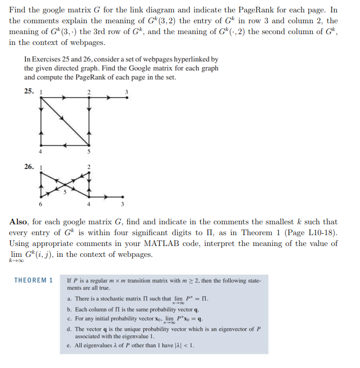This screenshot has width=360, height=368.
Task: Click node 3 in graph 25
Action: click(x=127, y=98)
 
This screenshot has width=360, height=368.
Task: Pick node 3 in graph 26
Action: click(x=123, y=196)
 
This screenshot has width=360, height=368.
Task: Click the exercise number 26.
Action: click(x=29, y=166)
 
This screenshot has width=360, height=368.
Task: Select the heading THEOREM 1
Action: click(x=34, y=280)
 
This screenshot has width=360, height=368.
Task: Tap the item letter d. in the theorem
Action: click(x=70, y=329)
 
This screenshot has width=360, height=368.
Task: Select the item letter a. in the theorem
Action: click(x=70, y=299)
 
